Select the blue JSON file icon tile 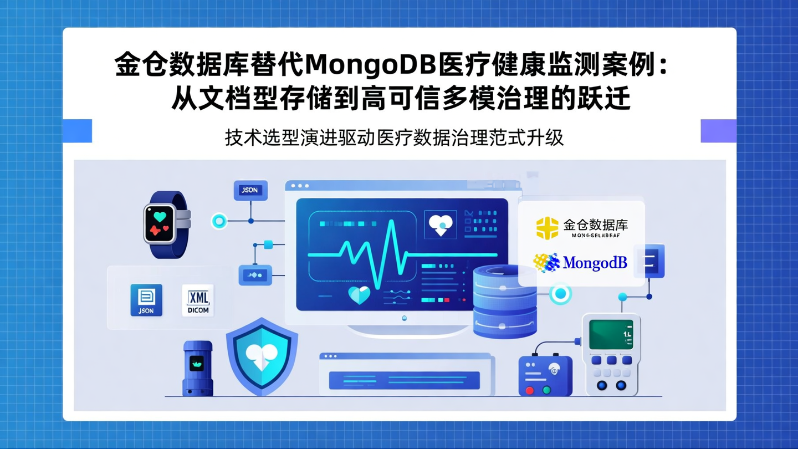coord(146,300)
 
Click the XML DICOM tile coord(198,300)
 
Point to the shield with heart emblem coord(262,355)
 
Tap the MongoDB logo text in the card coord(595,263)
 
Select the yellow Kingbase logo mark coord(547,228)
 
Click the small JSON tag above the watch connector coord(250,190)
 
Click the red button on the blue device coord(530,390)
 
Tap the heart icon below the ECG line coord(359,294)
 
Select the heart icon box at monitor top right coord(441,225)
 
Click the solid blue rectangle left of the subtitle coord(77,131)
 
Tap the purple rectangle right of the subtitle coord(718,131)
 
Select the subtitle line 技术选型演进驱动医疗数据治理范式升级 coord(394,137)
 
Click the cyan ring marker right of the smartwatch coord(219,221)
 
